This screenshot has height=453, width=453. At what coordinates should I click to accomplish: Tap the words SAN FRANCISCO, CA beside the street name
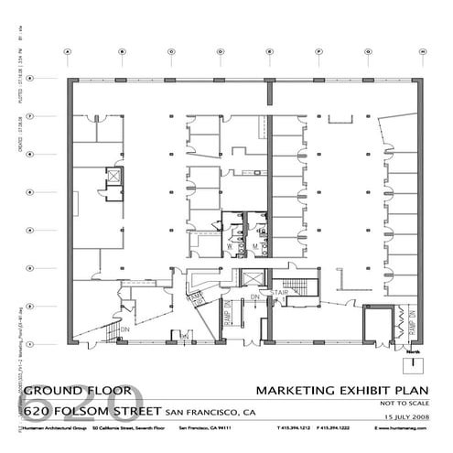(210, 412)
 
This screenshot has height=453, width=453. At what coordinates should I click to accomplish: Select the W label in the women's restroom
(228, 245)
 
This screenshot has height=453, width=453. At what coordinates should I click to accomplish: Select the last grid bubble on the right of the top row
(423, 52)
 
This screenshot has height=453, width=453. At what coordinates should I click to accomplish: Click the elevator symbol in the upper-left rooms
(113, 174)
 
